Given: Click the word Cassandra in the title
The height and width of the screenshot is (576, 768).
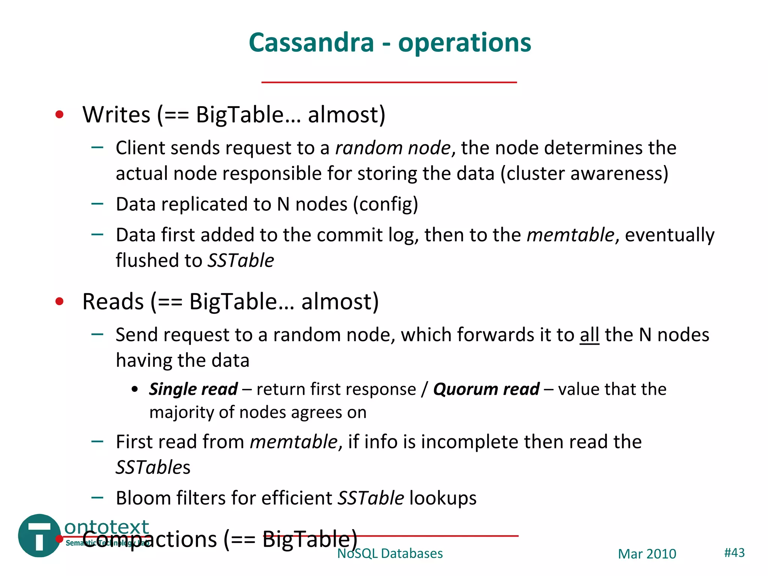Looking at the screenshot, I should coord(311,42).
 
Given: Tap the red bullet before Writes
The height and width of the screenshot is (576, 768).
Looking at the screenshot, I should coord(59,114).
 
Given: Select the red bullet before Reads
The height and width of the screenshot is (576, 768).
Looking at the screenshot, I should coord(59,301).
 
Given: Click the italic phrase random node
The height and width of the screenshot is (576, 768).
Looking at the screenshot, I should coord(392,148).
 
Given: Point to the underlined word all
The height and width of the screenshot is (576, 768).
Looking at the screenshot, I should coord(589,335).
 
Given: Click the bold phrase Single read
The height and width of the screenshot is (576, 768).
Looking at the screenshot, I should coord(193,389).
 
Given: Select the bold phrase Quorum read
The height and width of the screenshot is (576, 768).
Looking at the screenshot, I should coord(486,389).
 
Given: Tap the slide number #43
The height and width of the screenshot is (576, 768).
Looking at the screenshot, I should coord(734,552).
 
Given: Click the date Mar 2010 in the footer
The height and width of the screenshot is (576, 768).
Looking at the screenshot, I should coord(647,554).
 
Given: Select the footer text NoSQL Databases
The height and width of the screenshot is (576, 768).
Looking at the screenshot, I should coord(390,553).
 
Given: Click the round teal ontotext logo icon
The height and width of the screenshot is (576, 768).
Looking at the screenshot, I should coord(39,535).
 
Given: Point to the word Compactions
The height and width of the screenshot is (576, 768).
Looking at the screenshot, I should coord(150,539).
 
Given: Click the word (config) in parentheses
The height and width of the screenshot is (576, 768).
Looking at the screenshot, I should coord(385,204).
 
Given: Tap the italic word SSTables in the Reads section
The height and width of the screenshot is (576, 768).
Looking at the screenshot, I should coord(153,468).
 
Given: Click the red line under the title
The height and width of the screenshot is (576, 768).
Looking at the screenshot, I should coord(389,82).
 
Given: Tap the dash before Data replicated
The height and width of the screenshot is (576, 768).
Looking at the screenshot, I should coord(97,204).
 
